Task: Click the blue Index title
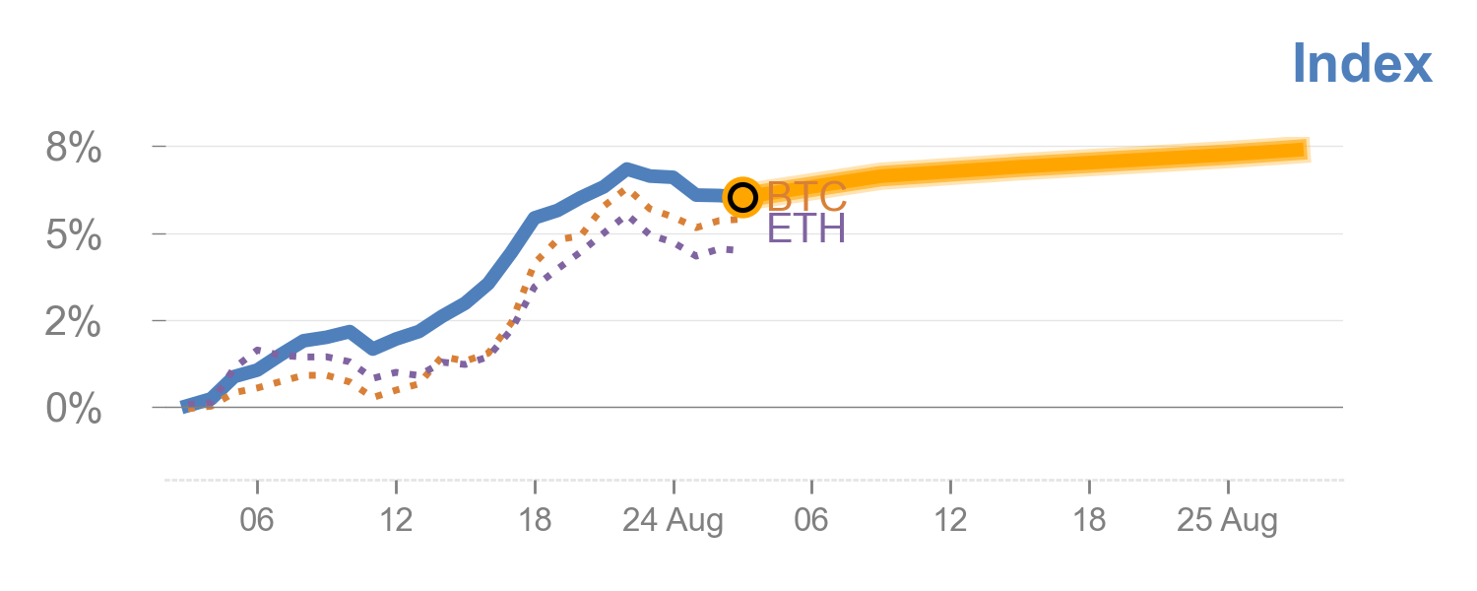click(x=1362, y=64)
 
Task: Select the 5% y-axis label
click(x=74, y=236)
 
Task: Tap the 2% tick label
click(x=74, y=323)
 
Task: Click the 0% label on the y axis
click(x=74, y=410)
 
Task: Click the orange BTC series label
click(x=806, y=196)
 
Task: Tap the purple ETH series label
click(x=805, y=230)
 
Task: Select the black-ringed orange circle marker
click(x=742, y=197)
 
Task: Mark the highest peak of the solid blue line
click(x=626, y=168)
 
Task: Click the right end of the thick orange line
click(x=1308, y=150)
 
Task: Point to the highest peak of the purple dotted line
click(x=630, y=218)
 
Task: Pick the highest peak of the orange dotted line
click(x=622, y=190)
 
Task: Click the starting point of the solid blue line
click(x=185, y=407)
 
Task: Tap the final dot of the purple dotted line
click(x=730, y=250)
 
